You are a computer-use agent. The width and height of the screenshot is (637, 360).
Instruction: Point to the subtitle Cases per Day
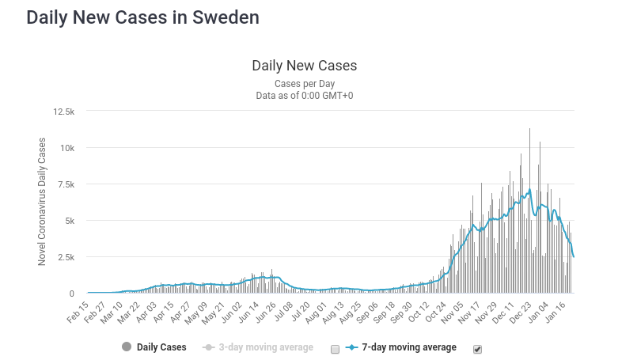click(x=304, y=83)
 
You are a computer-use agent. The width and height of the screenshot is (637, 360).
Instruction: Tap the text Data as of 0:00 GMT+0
click(x=304, y=96)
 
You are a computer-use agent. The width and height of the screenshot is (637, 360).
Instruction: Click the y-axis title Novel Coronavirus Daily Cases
click(x=43, y=203)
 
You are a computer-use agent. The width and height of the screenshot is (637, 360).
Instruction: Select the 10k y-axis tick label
click(x=66, y=148)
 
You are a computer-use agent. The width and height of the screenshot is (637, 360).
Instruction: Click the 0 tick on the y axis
click(x=71, y=294)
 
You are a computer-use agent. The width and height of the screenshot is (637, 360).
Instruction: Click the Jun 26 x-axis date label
click(x=265, y=310)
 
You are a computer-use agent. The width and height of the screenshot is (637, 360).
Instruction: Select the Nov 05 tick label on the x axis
click(x=451, y=310)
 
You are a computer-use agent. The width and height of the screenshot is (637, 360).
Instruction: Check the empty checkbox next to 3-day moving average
click(x=335, y=349)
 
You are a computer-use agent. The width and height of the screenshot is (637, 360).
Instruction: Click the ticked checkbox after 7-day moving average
click(x=477, y=349)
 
